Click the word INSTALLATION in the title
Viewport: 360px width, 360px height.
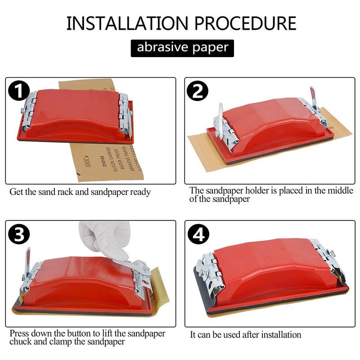click(x=127, y=23)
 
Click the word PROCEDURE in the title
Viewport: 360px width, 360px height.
click(x=245, y=23)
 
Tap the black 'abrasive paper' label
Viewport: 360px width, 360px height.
click(x=182, y=48)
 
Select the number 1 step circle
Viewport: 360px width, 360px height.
click(x=19, y=91)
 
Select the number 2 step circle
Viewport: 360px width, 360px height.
click(x=198, y=91)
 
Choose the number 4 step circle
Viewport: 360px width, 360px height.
click(x=198, y=234)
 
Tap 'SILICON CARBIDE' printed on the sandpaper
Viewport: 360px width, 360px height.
click(x=112, y=159)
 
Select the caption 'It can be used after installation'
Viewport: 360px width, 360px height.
click(x=245, y=335)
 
